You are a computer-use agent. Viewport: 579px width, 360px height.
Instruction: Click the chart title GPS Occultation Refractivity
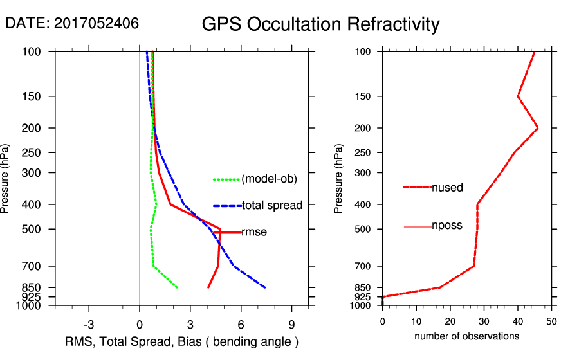coord(320,24)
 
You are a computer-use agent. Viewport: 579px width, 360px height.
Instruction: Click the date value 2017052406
coord(96,24)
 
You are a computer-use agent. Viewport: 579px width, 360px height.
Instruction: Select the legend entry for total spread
coord(272,206)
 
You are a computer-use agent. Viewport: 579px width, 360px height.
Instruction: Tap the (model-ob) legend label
coord(269,179)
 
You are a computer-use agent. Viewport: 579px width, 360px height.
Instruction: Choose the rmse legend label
coord(254,232)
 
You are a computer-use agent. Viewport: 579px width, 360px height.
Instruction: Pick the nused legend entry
coord(447,187)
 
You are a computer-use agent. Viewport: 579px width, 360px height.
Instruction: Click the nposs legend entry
coord(447,226)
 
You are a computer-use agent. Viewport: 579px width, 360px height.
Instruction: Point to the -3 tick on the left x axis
coord(89,323)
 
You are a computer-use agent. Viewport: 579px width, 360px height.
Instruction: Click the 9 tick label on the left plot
coord(291,323)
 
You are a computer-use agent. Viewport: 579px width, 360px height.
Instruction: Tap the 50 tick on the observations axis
coord(551,321)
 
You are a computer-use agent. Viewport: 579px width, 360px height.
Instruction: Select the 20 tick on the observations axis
coord(450,321)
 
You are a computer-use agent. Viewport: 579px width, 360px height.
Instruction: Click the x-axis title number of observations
coord(466,336)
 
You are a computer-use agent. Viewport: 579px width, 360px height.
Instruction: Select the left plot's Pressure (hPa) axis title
coord(7,178)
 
